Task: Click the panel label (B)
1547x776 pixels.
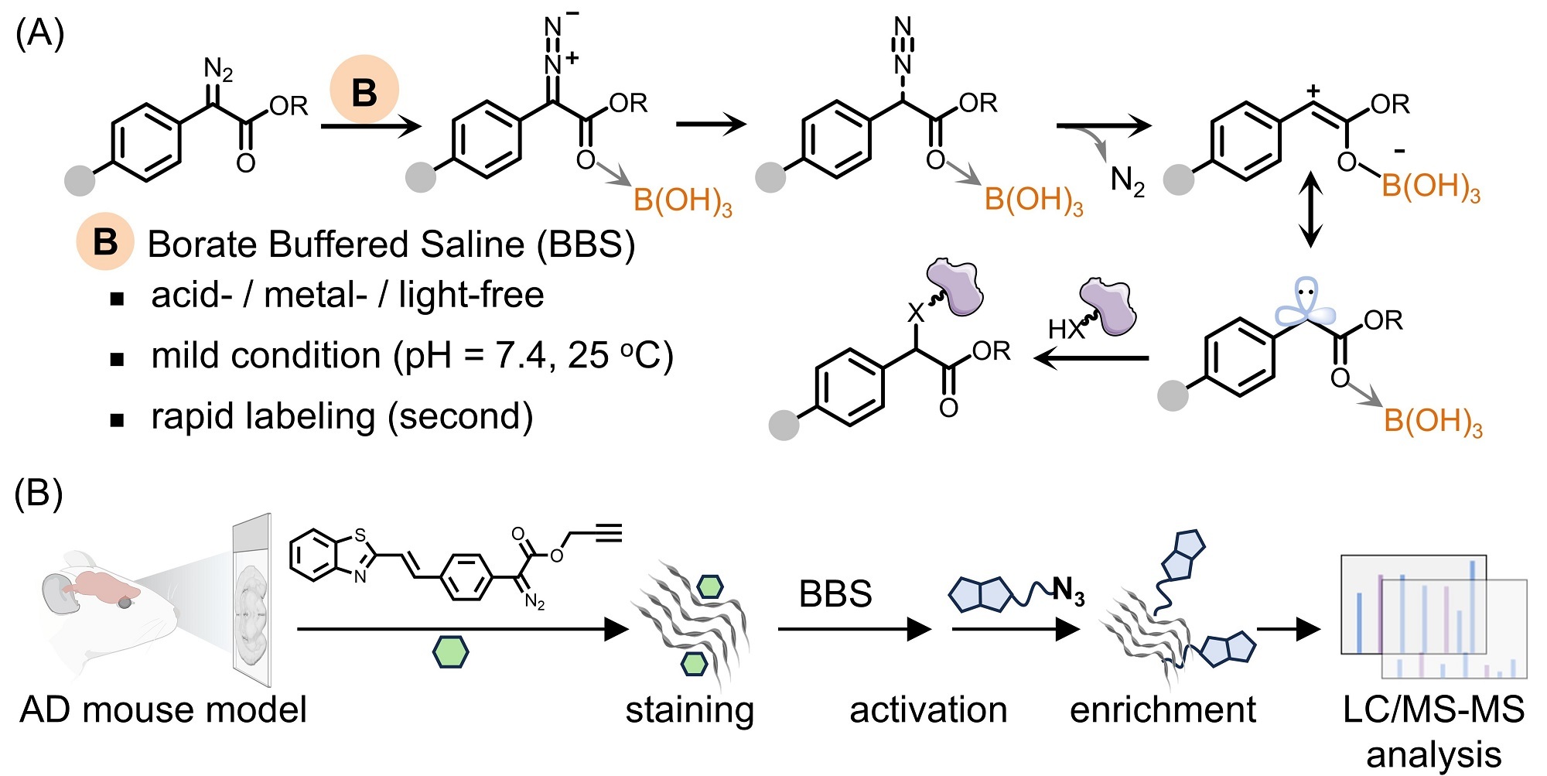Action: (x=39, y=493)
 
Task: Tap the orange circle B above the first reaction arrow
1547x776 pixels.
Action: (x=364, y=90)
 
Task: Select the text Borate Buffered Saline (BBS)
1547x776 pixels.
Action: (x=391, y=244)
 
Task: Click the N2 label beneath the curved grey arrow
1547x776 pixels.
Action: (x=1127, y=182)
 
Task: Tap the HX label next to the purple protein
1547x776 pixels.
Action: (x=1064, y=330)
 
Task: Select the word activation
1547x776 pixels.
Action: (x=928, y=710)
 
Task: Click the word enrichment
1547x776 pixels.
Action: (x=1163, y=710)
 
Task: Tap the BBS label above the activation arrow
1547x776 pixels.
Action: (x=835, y=594)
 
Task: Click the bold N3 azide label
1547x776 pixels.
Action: (x=1068, y=592)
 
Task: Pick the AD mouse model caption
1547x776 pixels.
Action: (x=163, y=710)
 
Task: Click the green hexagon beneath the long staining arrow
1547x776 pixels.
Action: (x=450, y=651)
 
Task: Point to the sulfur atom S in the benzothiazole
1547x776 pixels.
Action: (x=360, y=535)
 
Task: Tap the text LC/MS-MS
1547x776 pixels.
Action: (x=1433, y=710)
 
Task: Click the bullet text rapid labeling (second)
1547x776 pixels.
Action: (x=342, y=417)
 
